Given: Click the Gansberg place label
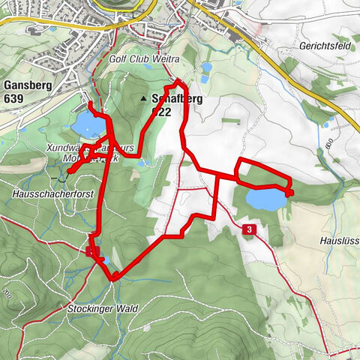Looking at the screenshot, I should click(26, 85).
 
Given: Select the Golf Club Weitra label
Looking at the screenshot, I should click(154, 58).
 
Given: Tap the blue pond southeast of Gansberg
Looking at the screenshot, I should click(87, 124).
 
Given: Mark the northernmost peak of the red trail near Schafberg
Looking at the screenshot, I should click(178, 80).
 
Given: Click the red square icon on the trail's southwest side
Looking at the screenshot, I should click(92, 251).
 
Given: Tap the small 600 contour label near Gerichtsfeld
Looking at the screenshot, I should click(328, 142).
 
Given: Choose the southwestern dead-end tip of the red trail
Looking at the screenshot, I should click(67, 172).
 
